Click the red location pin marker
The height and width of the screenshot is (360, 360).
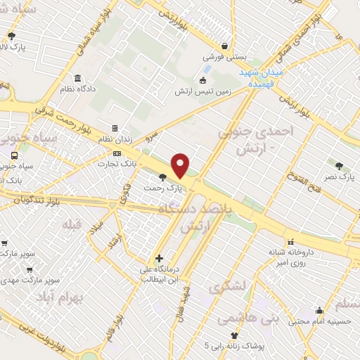pos(181,165)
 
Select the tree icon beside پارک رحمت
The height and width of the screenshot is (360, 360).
pos(164,178)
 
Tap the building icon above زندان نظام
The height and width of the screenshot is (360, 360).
pos(115,129)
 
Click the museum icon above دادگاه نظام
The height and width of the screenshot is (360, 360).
pos(76,78)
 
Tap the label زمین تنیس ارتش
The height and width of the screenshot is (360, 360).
pos(203,91)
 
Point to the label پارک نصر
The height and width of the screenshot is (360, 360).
pos(340,177)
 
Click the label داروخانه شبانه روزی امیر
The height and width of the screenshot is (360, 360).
pos(288,256)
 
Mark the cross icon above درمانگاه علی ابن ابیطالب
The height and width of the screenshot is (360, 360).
pos(160,258)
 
